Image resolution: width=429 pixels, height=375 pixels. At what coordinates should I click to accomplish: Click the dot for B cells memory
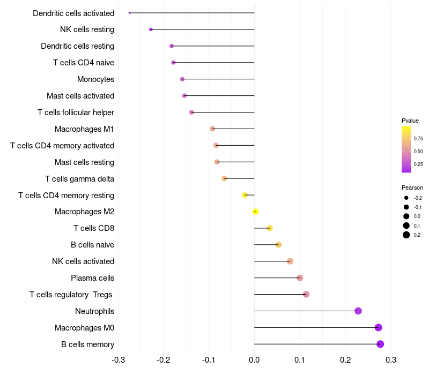[380, 344]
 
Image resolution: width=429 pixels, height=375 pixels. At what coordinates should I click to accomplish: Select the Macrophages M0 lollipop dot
[379, 327]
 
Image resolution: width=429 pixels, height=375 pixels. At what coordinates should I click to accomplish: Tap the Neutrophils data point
[358, 311]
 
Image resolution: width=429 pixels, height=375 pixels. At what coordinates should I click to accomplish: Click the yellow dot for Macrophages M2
[255, 212]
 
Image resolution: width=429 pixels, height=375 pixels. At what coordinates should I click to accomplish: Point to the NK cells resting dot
[151, 29]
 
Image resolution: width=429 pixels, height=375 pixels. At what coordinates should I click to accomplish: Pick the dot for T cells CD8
[270, 228]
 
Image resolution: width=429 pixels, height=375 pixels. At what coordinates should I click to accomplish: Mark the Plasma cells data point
[300, 277]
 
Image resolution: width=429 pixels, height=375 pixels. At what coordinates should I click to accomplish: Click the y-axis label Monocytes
[95, 79]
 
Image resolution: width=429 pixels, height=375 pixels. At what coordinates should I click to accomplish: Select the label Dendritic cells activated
[73, 13]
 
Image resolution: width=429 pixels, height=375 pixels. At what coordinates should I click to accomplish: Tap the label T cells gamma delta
[79, 178]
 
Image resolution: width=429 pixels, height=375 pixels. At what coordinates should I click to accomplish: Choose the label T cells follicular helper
[76, 112]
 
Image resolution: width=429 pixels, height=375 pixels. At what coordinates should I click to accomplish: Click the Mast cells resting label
[84, 162]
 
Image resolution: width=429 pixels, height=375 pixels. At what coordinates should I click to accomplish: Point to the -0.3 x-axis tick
[118, 359]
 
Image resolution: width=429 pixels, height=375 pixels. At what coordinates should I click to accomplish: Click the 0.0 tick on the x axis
[254, 359]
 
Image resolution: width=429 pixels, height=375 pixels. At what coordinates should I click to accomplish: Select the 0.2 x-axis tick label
[345, 359]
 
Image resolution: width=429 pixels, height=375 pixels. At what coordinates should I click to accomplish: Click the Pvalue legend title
[410, 121]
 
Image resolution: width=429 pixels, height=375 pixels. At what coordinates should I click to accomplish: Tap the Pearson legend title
[412, 187]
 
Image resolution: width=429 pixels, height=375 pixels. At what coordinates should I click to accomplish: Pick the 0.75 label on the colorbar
[418, 138]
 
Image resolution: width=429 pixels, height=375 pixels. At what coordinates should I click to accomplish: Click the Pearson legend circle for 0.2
[406, 235]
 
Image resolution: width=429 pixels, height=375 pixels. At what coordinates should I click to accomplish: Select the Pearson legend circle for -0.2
[406, 198]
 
